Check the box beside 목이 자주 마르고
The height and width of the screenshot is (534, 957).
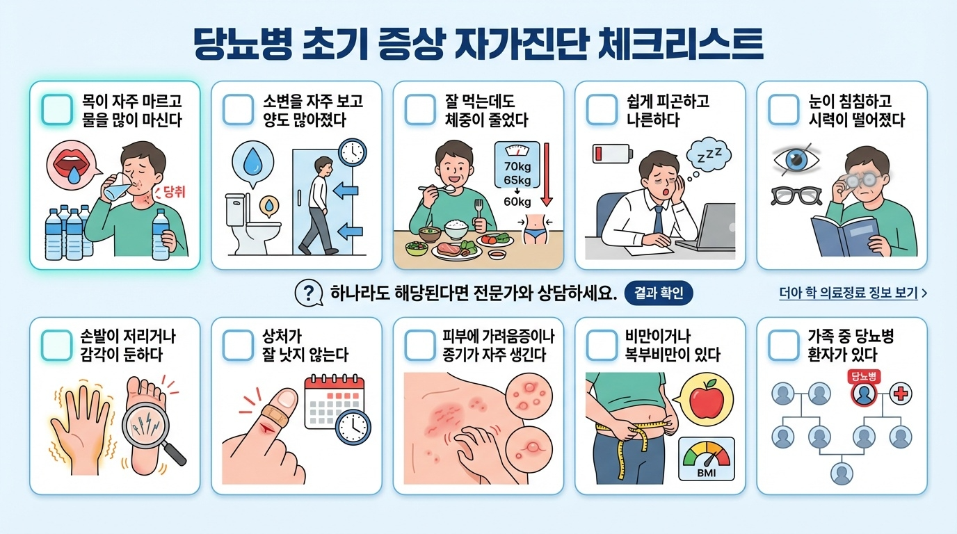pyautogui.click(x=57, y=110)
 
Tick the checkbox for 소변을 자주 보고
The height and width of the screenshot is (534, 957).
pyautogui.click(x=239, y=110)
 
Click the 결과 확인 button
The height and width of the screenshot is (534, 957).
pyautogui.click(x=659, y=293)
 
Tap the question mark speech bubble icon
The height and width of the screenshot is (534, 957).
pyautogui.click(x=309, y=293)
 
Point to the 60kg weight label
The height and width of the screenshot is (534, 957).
pyautogui.click(x=517, y=202)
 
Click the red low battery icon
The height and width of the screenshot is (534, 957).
pyautogui.click(x=613, y=154)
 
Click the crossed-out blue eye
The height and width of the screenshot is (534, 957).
pyautogui.click(x=796, y=160)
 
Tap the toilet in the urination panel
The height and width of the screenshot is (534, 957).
pyautogui.click(x=252, y=225)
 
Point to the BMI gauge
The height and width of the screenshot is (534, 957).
pyautogui.click(x=707, y=459)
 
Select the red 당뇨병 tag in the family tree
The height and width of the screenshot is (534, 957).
pyautogui.click(x=864, y=376)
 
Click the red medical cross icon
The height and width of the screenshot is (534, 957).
pyautogui.click(x=901, y=394)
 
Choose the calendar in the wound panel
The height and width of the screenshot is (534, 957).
pyautogui.click(x=334, y=402)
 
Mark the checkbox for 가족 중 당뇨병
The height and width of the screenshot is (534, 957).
pyautogui.click(x=784, y=346)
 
